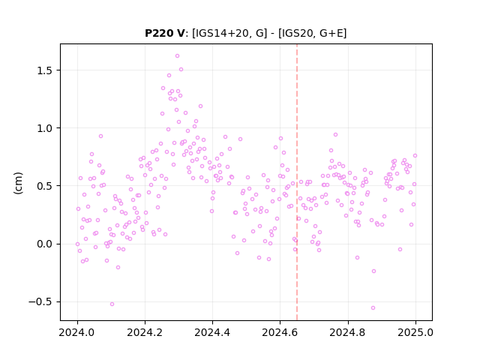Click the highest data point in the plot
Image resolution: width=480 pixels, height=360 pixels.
[x=177, y=56]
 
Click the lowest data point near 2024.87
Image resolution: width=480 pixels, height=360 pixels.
[x=373, y=308]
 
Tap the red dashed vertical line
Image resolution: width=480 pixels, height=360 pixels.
[x=297, y=182]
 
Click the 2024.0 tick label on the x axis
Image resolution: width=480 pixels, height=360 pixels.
[x=77, y=332]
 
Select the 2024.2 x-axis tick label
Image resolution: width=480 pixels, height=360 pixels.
[x=145, y=332]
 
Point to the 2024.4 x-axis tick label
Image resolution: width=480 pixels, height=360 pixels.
[x=212, y=332]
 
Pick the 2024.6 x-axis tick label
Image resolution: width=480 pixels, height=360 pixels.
[x=280, y=332]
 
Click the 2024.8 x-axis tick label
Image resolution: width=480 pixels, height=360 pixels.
[x=348, y=332]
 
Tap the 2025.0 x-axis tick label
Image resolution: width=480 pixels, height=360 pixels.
[x=415, y=332]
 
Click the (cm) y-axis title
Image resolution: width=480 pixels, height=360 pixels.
[x=18, y=183]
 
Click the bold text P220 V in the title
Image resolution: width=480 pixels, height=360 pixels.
[x=165, y=33]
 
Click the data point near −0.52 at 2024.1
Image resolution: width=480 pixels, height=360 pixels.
[x=112, y=304]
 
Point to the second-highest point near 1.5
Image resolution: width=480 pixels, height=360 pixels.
[x=181, y=70]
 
